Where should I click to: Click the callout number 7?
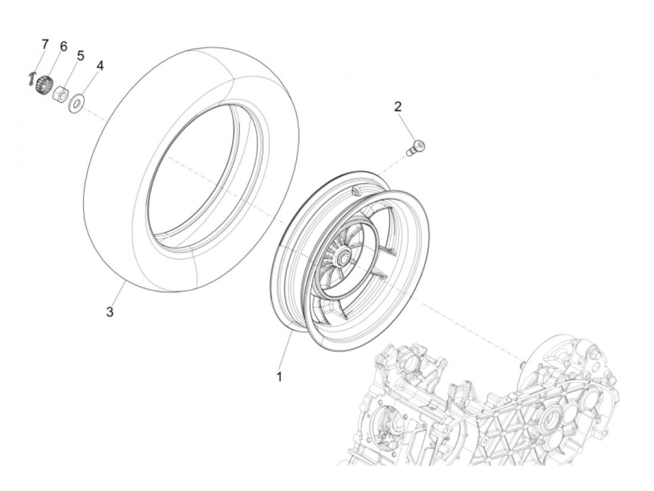coord(44,44)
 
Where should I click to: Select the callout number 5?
coord(80,56)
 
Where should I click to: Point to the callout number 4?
coord(100,65)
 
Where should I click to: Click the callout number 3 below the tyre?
coord(109,312)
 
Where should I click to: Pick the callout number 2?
coord(398,106)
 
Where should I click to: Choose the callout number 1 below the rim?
coord(279,376)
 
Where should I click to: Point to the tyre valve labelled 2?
coord(413,148)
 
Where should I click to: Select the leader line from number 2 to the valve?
coord(405,126)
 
